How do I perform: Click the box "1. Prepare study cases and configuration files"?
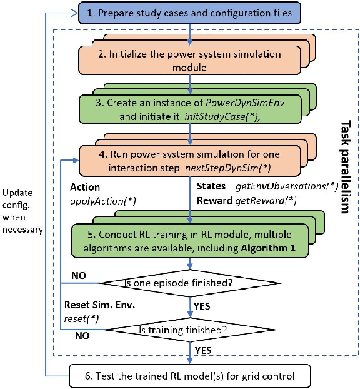[189, 11]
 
